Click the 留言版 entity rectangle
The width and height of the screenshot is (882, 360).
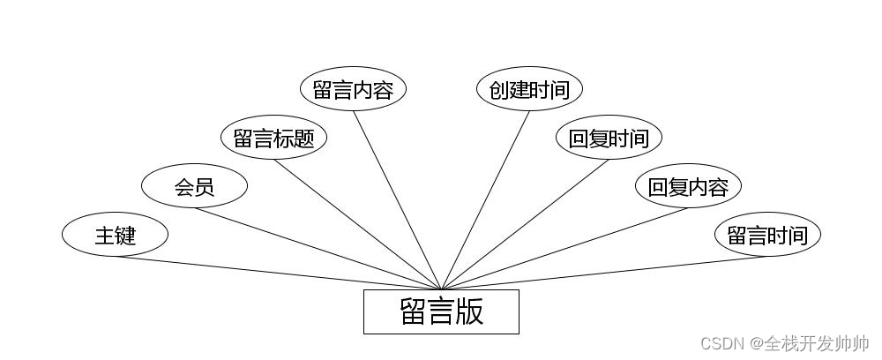pos(441,311)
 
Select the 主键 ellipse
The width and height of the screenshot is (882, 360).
pos(115,235)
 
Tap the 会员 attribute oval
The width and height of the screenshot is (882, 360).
pos(194,186)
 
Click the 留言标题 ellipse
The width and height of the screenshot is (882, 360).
pos(273,138)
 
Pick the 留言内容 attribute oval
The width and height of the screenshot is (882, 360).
pos(353,89)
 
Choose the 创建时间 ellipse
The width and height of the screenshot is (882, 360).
pos(529,89)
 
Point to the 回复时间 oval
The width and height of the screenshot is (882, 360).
pos(609,138)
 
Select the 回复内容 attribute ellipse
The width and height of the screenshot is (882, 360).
pos(688,186)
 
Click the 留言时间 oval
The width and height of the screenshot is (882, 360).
pos(767,235)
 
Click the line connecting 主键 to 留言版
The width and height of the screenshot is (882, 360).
pos(278,273)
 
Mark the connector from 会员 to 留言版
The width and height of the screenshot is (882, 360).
pos(318,248)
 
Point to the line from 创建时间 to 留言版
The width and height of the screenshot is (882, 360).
pos(485,199)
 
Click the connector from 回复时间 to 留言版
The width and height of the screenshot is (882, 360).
pos(525,223)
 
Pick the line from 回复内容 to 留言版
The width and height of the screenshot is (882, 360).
pos(564,248)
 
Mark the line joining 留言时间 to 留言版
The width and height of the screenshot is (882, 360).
pos(604,273)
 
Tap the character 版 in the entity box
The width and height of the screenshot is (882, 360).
pos(469,311)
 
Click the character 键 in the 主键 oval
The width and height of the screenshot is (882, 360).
pos(126,236)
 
